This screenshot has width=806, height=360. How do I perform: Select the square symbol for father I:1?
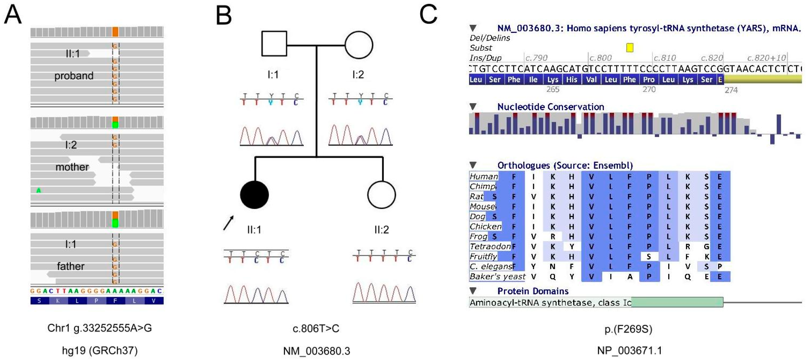point(274,44)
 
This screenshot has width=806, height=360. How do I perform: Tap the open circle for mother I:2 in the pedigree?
point(359,45)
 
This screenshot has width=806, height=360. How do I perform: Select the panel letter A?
point(13,14)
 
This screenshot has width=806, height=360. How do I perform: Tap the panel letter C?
point(428,14)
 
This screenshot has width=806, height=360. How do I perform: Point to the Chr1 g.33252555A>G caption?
point(100,328)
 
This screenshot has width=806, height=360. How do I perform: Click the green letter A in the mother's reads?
point(39,190)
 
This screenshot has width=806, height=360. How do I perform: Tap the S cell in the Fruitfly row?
point(649,256)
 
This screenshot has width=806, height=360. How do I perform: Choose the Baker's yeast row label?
point(497,276)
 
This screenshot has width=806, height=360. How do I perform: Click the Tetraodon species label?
point(490,247)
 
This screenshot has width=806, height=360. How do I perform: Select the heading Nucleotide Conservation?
point(550,107)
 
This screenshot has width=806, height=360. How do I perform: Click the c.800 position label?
point(600,58)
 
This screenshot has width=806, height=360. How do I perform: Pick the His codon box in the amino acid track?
point(571,79)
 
